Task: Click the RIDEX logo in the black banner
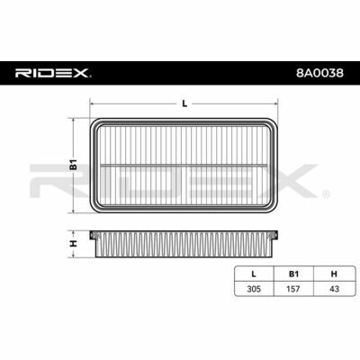[53, 73]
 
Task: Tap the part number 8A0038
[319, 73]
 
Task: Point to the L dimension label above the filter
[184, 103]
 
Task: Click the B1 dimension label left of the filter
[74, 166]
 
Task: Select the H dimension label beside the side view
[74, 244]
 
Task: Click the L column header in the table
[254, 274]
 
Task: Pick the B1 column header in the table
[293, 274]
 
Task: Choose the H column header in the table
[334, 274]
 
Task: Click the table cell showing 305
[254, 289]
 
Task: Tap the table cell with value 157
[293, 289]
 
